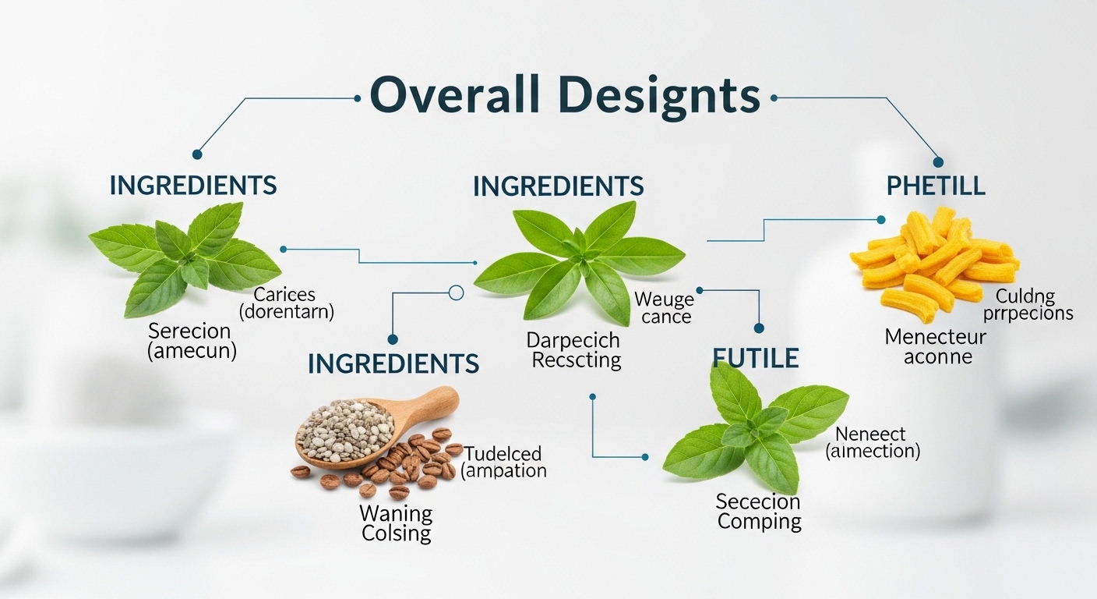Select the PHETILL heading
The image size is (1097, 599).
(936, 186)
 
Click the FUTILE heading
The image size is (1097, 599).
(755, 358)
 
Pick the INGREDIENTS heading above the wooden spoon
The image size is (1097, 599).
(393, 363)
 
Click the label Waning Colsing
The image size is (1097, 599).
(396, 523)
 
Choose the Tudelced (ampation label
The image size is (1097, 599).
(503, 463)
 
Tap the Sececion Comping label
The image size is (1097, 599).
(758, 512)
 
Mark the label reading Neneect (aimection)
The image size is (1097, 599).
(872, 442)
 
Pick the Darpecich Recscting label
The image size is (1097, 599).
(573, 350)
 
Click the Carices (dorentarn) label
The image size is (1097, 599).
(285, 303)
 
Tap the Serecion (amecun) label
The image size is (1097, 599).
(192, 341)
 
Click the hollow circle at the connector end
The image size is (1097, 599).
(457, 293)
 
